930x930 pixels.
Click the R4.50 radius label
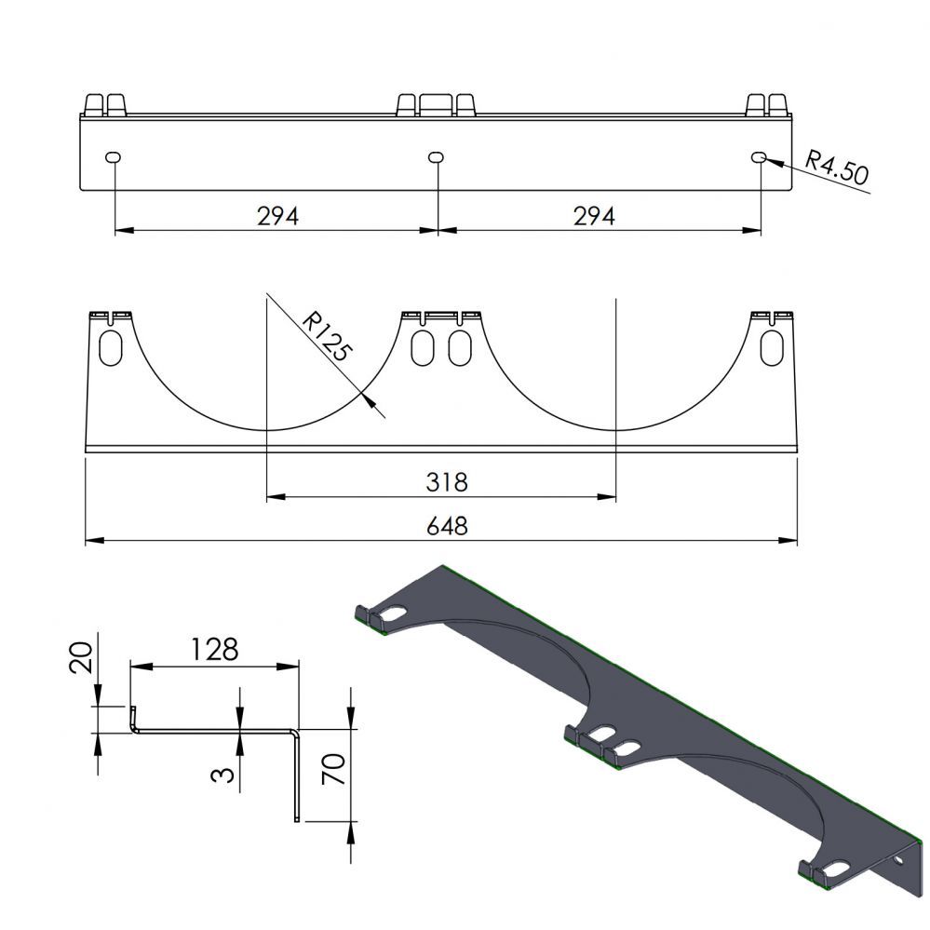pos(836,168)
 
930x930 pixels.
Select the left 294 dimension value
pos(277,216)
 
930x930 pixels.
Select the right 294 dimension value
pos(594,216)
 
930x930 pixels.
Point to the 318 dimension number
pos(445,482)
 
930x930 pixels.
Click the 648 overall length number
pos(445,525)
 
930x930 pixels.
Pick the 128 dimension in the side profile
pos(213,649)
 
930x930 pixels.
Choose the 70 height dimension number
pos(332,771)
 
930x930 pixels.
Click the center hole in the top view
pos(436,157)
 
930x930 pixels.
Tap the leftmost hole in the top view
pos(114,157)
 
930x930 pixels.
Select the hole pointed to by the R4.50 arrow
pos(759,157)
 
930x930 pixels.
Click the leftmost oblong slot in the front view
pos(111,346)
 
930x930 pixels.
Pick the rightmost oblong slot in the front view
pos(773,346)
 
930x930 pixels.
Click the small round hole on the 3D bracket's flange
pos(898,862)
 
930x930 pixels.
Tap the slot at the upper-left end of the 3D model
pos(395,614)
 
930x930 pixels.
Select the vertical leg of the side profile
pos(296,775)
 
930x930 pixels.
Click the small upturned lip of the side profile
pos(131,719)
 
